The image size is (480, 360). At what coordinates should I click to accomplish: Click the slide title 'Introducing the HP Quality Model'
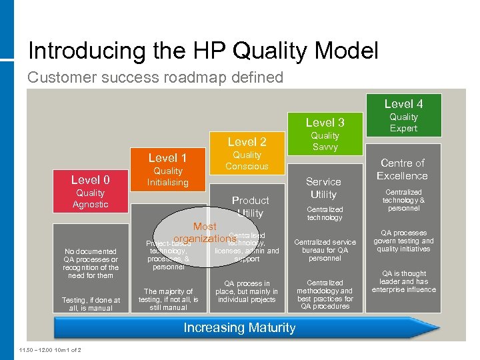203,51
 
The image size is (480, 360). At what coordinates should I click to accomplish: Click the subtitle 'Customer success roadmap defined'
155,77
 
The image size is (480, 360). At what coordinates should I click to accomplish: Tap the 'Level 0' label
90,179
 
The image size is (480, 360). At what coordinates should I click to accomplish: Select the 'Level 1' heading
167,158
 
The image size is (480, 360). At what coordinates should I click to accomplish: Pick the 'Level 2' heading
247,141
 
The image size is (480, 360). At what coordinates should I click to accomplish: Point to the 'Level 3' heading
325,122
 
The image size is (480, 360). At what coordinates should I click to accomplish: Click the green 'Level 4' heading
403,103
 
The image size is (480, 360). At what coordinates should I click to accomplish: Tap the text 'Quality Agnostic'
90,199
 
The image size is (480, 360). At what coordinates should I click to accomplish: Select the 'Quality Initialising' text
167,177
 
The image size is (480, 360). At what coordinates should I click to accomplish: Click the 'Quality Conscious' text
247,161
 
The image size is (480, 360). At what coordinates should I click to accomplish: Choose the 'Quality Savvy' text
325,141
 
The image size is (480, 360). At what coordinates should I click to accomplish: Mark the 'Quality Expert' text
403,123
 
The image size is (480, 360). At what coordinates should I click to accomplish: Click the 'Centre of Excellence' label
402,169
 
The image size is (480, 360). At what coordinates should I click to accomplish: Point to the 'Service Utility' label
323,188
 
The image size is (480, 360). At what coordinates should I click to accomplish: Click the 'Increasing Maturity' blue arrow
239,327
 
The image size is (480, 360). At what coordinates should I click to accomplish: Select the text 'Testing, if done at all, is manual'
91,304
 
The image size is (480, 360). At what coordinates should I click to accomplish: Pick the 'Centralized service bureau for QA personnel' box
325,250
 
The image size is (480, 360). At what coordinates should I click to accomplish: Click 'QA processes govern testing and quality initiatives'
403,241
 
